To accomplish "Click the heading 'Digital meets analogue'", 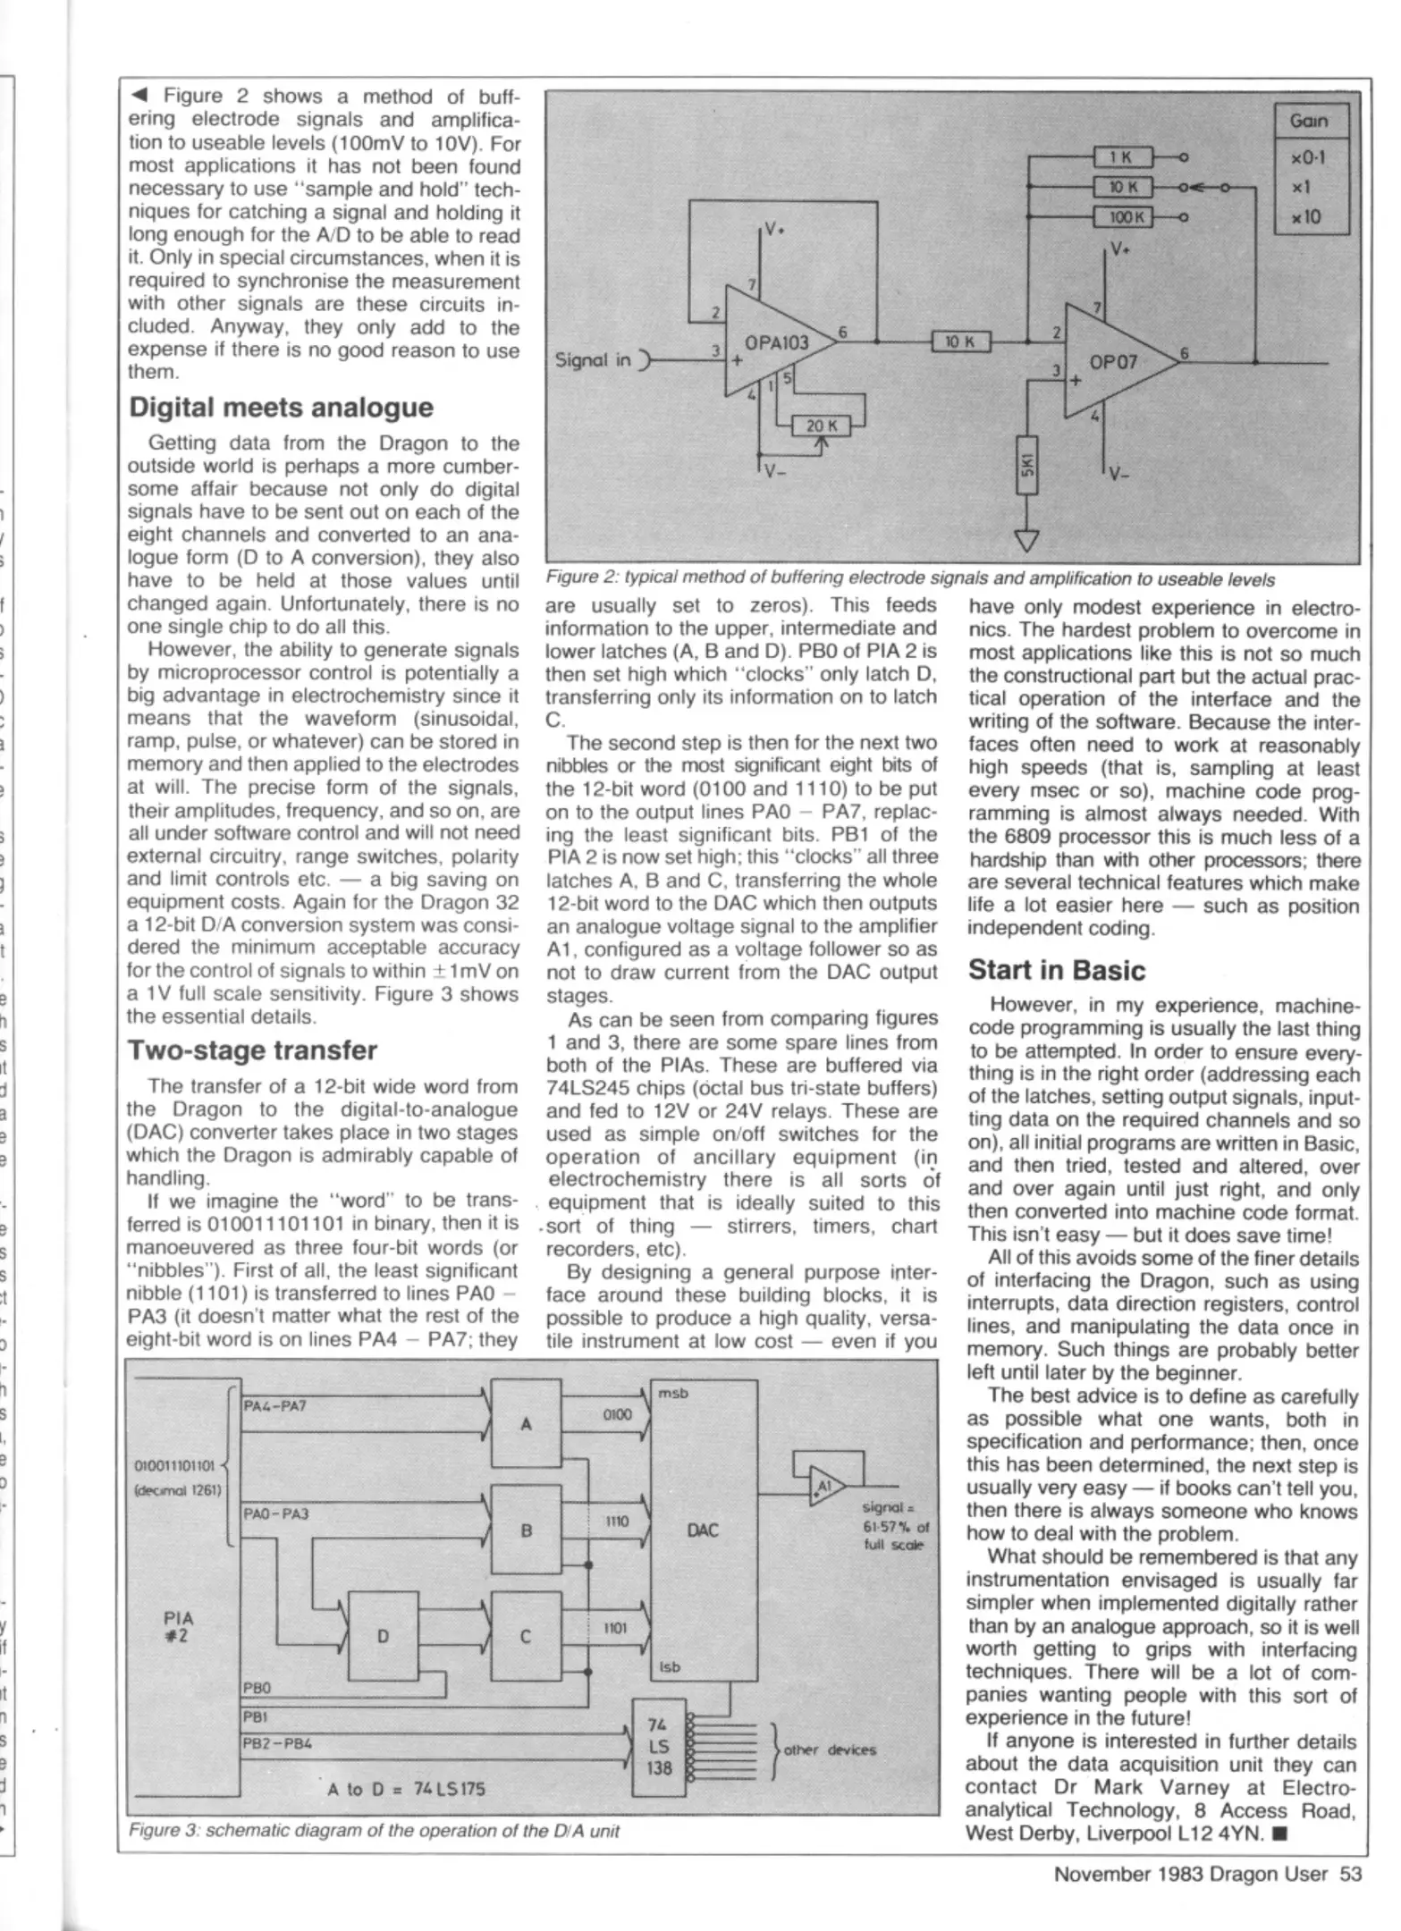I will pos(281,408).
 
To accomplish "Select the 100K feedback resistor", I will pos(1123,216).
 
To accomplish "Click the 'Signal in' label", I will pos(593,360).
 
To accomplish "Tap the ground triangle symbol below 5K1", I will pos(1027,541).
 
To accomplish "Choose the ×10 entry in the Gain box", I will pos(1306,217).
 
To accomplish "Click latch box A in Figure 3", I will pos(526,1424).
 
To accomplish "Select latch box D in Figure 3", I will pos(383,1636).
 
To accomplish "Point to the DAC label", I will pos(702,1530).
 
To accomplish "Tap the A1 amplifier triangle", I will pos(824,1486).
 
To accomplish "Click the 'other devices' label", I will pos(829,1750).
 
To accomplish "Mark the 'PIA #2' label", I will pos(179,1627).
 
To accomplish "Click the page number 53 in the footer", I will pos(1350,1874).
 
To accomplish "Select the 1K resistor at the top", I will pos(1123,157).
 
